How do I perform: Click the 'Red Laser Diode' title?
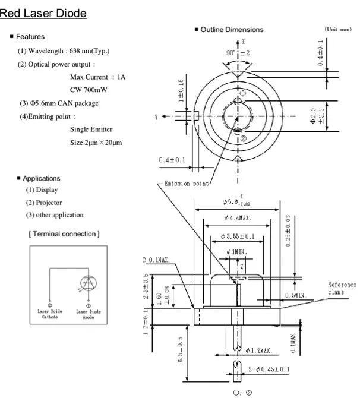point(44,12)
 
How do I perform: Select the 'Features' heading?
point(30,37)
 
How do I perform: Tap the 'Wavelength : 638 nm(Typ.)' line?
point(64,50)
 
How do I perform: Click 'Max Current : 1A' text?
point(98,77)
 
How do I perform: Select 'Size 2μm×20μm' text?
point(96,143)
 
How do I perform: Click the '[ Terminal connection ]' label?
point(64,233)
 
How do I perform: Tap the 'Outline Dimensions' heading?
point(232,30)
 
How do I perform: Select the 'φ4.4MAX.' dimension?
point(237,218)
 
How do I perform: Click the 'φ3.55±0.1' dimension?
point(237,236)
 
